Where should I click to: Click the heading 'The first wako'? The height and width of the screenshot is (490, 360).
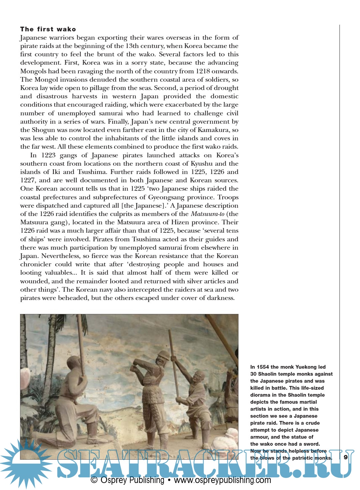pyautogui.click(x=48, y=29)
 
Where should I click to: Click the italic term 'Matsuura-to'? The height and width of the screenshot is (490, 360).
pyautogui.click(x=207, y=214)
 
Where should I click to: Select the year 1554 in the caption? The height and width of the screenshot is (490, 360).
pyautogui.click(x=263, y=367)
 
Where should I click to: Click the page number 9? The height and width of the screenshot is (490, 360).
pyautogui.click(x=346, y=457)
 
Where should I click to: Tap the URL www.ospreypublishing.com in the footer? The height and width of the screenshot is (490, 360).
pyautogui.click(x=222, y=480)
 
